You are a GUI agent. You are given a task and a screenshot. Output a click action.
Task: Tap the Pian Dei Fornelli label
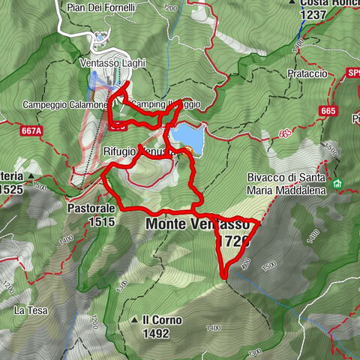109,7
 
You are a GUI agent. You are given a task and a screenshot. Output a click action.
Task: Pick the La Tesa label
31,309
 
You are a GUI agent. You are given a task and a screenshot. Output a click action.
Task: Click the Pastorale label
90,208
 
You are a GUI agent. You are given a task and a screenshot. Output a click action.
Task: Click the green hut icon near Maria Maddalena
337,184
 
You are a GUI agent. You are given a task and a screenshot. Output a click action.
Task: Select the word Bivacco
266,178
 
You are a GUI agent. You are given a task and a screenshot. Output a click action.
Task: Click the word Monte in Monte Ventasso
166,224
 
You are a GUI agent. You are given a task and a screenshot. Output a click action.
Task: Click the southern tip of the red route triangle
225,279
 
